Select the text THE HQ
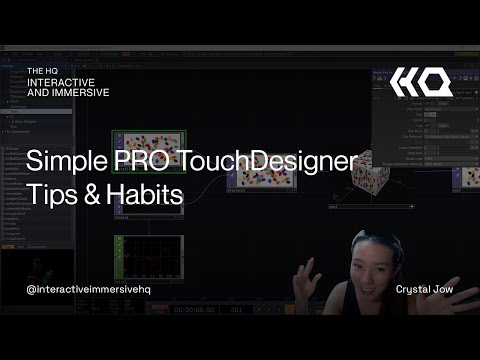pos(44,70)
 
